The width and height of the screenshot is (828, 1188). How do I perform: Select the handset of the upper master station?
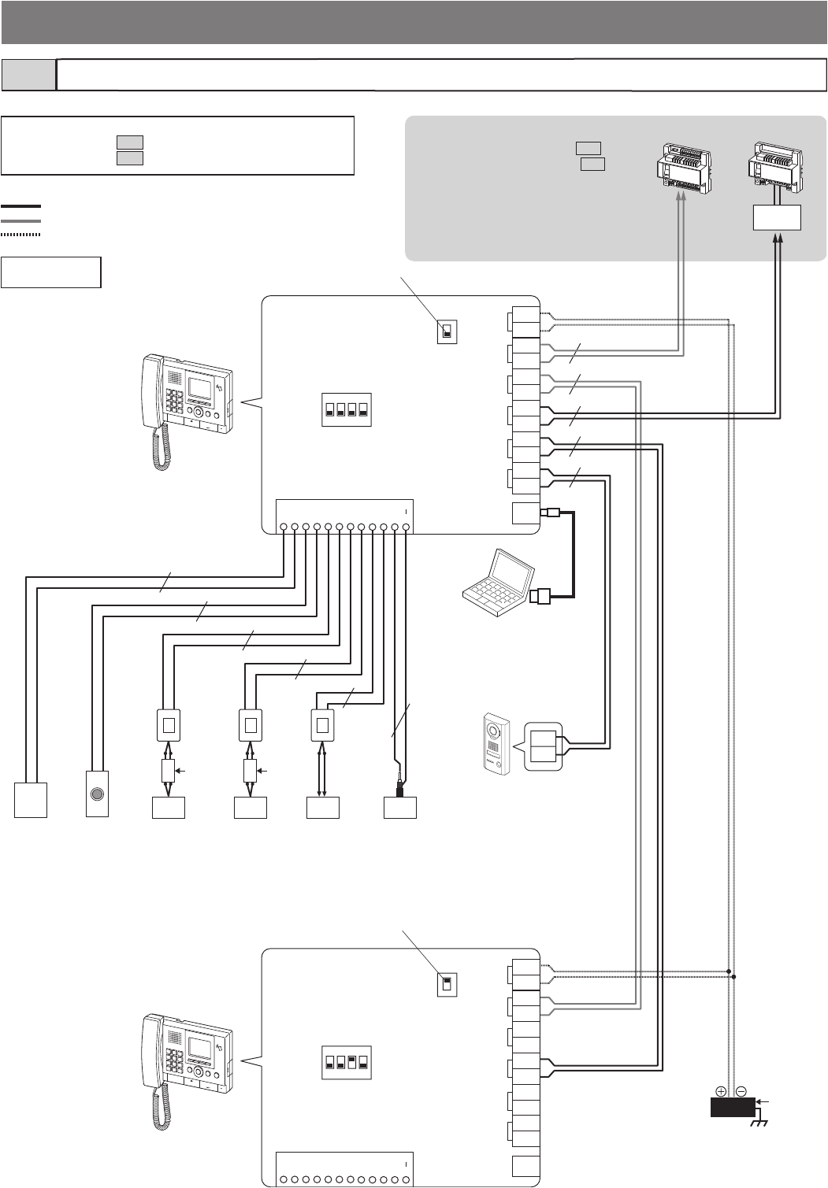point(151,409)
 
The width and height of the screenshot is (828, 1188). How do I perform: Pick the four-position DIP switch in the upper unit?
point(346,409)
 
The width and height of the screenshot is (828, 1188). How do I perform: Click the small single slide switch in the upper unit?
point(447,332)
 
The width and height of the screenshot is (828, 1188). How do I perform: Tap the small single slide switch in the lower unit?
point(447,984)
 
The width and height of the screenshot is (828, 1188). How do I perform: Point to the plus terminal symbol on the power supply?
point(721,1091)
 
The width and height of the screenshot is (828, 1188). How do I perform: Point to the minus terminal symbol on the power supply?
point(741,1091)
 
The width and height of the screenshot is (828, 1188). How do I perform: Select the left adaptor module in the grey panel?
point(683,168)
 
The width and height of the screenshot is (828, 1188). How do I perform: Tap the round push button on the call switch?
point(97,794)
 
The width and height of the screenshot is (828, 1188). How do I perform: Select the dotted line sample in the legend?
point(20,234)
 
